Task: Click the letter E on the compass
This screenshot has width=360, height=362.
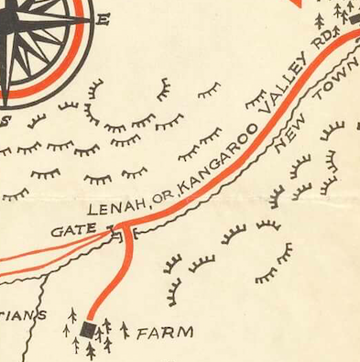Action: (x=103, y=20)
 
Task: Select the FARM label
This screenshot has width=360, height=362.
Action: (x=165, y=333)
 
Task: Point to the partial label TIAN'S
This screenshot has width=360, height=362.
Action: (x=22, y=316)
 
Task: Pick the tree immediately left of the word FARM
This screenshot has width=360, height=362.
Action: (x=125, y=328)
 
